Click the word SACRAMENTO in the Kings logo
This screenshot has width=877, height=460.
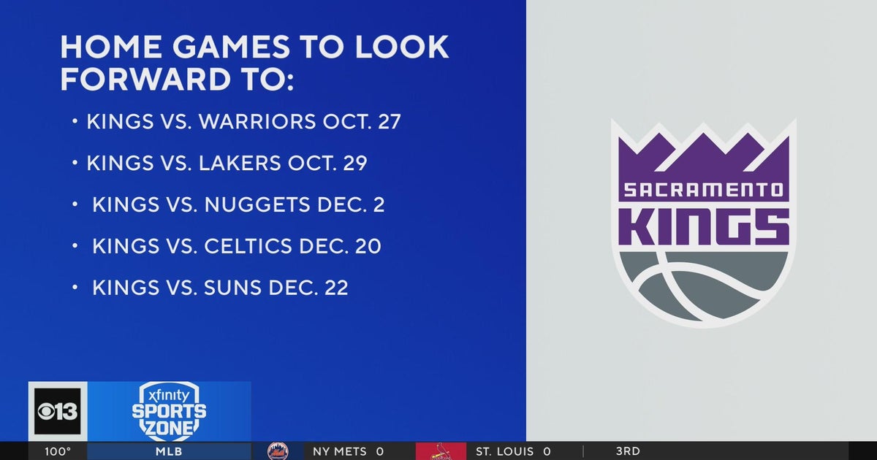[x=703, y=192]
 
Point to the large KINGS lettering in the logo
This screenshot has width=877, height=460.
[x=703, y=227]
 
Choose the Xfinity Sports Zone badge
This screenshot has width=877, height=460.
[x=169, y=411]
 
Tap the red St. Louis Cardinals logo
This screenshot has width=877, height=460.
[x=440, y=451]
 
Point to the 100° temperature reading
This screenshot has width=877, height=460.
[x=58, y=451]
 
